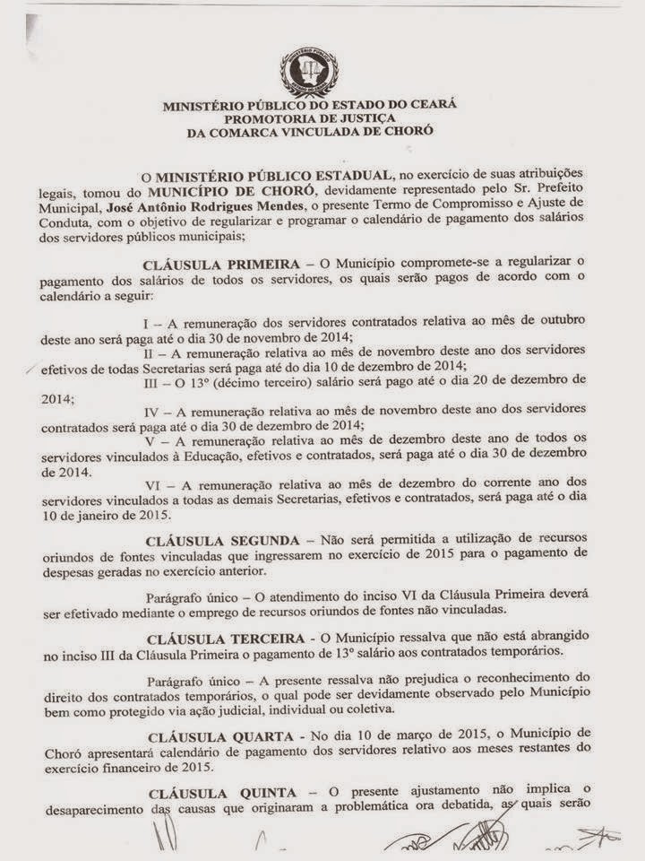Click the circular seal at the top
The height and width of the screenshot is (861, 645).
[x=309, y=71]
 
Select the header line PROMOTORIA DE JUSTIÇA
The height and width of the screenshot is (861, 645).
[x=309, y=117]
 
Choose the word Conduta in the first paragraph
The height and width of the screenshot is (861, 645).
[x=64, y=222]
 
